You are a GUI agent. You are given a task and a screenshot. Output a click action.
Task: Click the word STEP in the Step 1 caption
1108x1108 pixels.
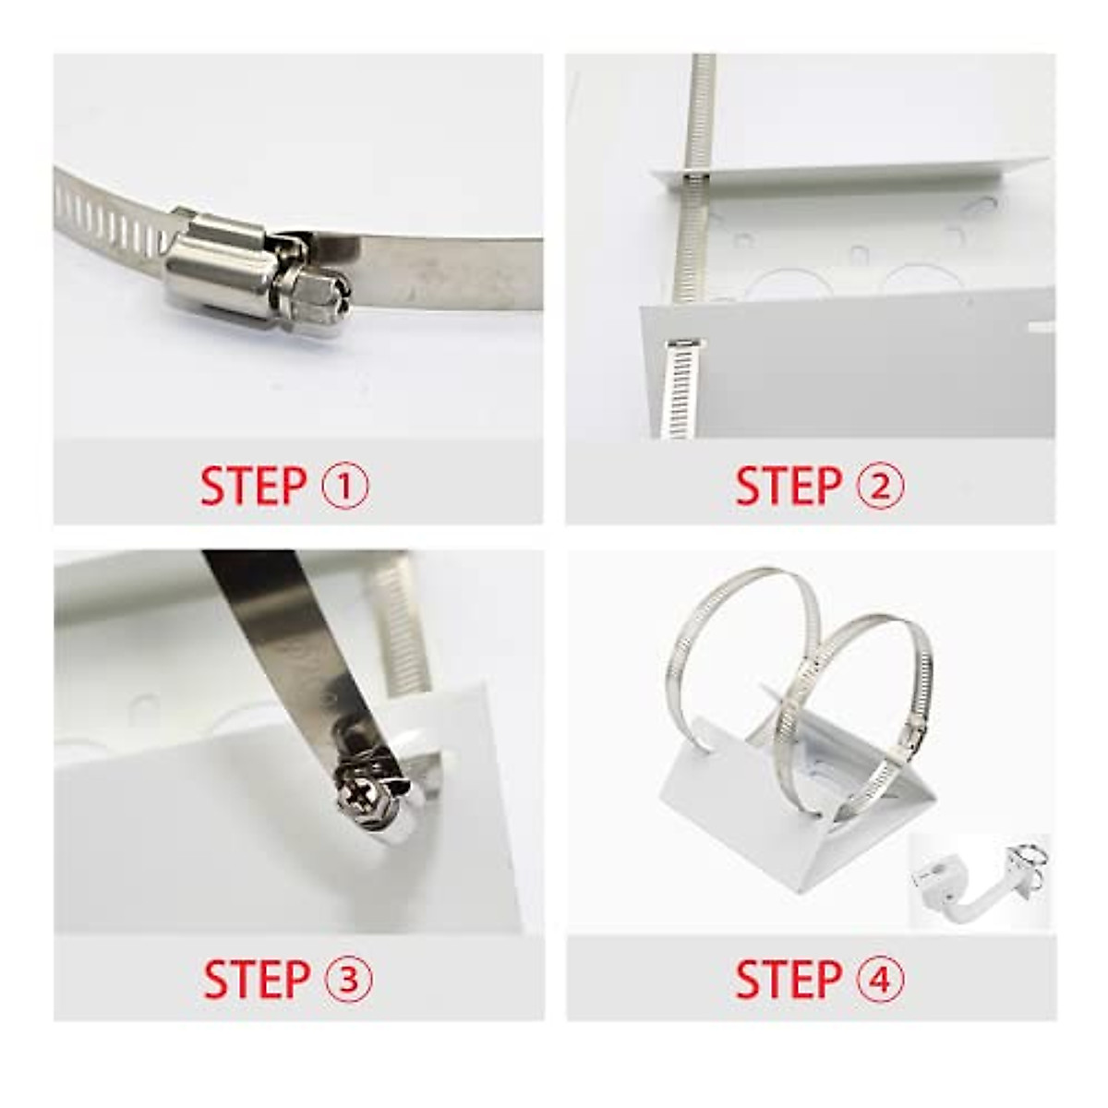pos(252,487)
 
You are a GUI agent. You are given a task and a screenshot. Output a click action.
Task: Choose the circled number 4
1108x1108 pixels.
pos(882,980)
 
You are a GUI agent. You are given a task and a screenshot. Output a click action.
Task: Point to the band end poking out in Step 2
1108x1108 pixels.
pos(681,383)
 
